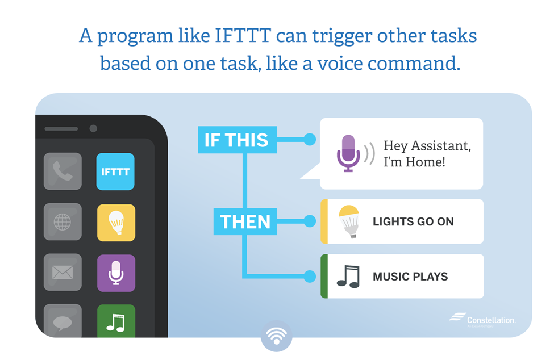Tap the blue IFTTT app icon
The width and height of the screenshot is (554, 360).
pyautogui.click(x=115, y=171)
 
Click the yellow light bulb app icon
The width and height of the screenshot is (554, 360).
pyautogui.click(x=116, y=223)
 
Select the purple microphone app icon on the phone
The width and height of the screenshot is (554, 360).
pyautogui.click(x=116, y=273)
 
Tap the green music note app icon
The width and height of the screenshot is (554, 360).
pyautogui.click(x=116, y=321)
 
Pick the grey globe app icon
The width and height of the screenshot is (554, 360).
pyautogui.click(x=63, y=222)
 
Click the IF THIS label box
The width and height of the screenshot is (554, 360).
pyautogui.click(x=237, y=140)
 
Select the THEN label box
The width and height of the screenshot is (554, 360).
pyautogui.click(x=245, y=221)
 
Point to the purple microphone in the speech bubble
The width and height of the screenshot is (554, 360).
pyautogui.click(x=348, y=153)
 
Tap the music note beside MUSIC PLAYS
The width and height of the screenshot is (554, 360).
pyautogui.click(x=348, y=276)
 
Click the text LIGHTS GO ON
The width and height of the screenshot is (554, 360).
pyautogui.click(x=413, y=221)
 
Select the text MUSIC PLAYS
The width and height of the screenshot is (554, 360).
pyautogui.click(x=410, y=277)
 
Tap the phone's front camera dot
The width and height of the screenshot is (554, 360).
pyautogui.click(x=93, y=129)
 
